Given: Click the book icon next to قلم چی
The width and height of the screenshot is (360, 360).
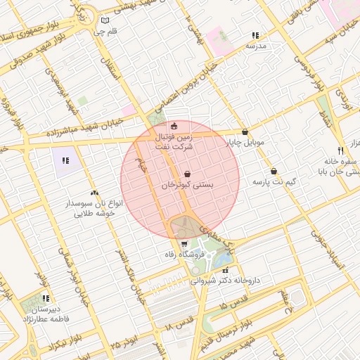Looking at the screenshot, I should [105, 20].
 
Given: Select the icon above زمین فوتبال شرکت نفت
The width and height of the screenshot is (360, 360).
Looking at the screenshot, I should [174, 126].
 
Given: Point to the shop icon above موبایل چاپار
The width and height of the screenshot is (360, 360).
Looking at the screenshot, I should [245, 131].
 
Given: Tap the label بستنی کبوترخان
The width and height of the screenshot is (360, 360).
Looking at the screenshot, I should [187, 185].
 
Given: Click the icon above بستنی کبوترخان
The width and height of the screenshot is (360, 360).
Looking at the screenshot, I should [187, 174].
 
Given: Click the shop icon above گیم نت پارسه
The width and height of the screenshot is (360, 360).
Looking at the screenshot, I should [274, 172].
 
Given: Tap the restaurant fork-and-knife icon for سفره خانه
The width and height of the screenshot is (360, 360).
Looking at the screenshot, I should [341, 150].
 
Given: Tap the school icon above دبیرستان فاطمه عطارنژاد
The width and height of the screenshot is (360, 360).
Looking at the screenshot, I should [46, 298].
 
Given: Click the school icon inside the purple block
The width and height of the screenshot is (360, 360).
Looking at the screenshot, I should [65, 160].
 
